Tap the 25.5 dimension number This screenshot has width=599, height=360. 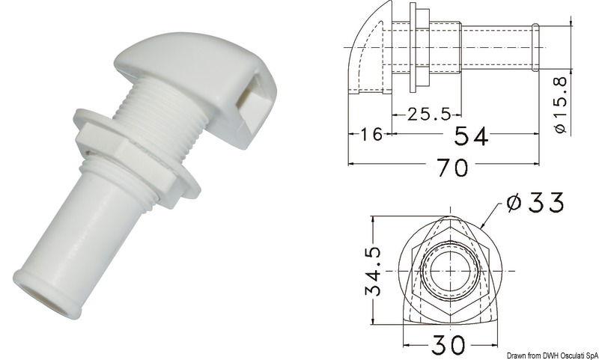coord(428,115)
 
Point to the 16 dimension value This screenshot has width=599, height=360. coord(368,135)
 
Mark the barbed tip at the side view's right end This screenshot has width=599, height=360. coord(537,47)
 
